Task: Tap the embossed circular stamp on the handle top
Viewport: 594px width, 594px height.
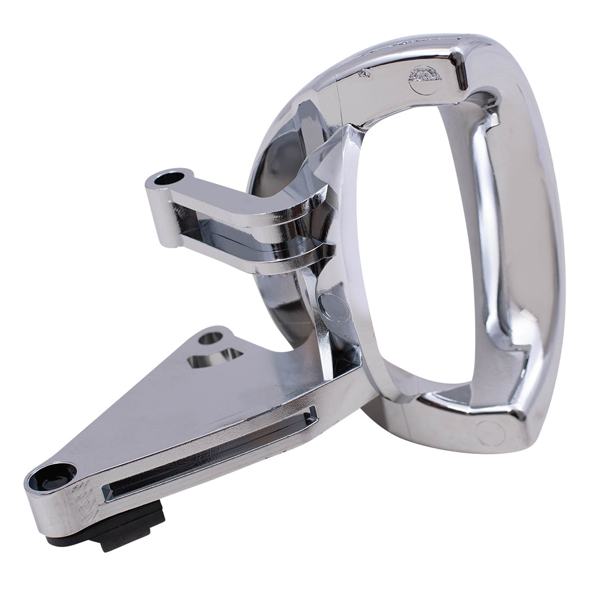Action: click(424, 77)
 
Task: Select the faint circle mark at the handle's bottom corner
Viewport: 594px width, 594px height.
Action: click(491, 433)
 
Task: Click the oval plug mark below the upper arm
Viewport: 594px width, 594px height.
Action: click(334, 307)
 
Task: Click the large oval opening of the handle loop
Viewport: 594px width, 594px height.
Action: click(416, 249)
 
